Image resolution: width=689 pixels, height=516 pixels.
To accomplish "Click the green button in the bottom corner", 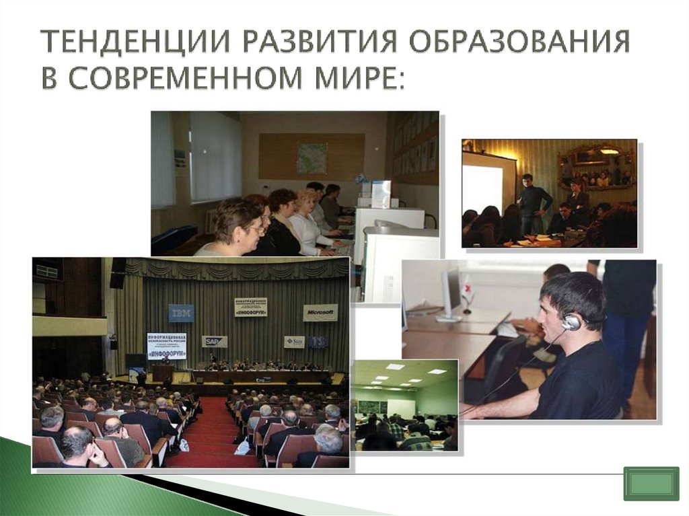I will point(651,484).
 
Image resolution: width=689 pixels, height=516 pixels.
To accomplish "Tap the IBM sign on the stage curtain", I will point(181,313).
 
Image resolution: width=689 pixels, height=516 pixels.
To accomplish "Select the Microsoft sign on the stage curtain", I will point(320,312).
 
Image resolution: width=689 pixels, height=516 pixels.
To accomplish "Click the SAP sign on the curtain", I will point(215,341).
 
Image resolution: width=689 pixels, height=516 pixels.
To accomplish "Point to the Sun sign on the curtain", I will point(294,342).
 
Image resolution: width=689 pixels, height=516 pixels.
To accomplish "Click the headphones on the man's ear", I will point(571,322).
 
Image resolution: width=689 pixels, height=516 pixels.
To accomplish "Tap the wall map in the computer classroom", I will point(312,158).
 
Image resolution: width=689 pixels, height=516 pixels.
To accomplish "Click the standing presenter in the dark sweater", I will point(534,202).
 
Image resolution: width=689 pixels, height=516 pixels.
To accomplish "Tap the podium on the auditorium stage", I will point(162,371).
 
